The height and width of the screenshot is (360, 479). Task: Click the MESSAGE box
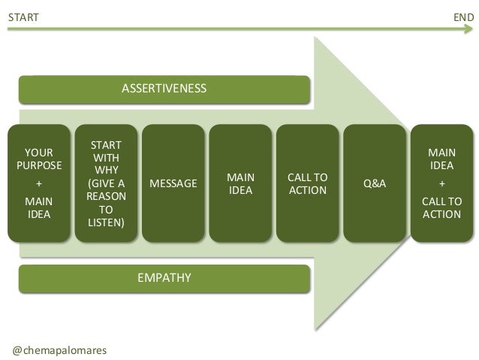click(173, 183)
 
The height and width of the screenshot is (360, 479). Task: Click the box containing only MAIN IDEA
click(240, 183)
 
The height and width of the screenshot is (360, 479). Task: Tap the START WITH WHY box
click(107, 183)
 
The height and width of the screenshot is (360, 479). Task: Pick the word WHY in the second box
click(107, 170)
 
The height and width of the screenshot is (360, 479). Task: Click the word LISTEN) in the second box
click(107, 223)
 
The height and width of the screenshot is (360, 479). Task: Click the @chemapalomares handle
click(61, 349)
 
